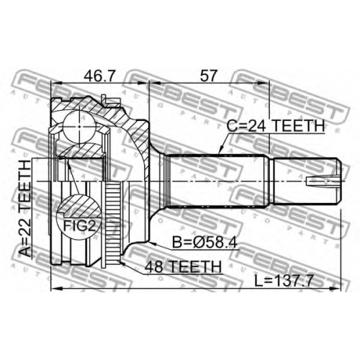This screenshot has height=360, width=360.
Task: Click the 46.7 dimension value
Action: click(x=99, y=75)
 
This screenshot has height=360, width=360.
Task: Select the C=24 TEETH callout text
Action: click(x=276, y=125)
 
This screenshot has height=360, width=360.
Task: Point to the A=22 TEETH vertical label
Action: click(x=26, y=209)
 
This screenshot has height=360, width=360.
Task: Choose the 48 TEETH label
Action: click(x=183, y=266)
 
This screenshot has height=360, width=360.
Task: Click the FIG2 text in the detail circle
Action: click(x=79, y=226)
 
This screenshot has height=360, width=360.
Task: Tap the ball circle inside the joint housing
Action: click(x=79, y=126)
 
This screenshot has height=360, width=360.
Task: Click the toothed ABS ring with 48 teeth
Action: click(x=113, y=222)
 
